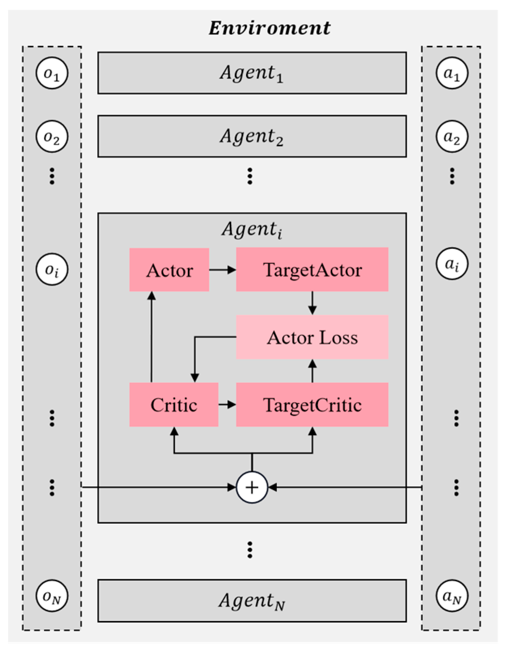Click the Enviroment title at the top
pos(269,28)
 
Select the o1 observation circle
pos(52,73)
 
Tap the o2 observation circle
pos(52,136)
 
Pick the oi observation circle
pos(52,269)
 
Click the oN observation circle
pos(52,596)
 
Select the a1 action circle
pos(452,73)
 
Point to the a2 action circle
pos(452,136)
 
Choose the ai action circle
pos(452,264)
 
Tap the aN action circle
pos(452,596)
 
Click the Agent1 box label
pos(252,73)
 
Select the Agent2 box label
pos(252,136)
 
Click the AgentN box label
pos(252,600)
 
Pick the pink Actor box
pos(169,270)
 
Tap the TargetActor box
pos(312,270)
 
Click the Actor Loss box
pos(312,337)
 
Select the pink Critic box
pos(174,405)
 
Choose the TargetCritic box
pos(312,405)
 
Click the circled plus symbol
pos(252,487)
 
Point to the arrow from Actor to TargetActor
pos(222,270)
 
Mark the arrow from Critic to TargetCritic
pos(227,404)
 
